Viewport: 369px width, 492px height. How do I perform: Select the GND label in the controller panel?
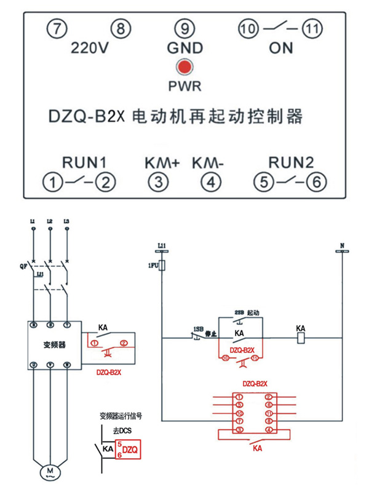184,48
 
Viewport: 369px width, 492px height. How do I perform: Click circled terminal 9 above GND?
184,28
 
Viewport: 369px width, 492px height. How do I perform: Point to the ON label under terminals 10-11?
281,48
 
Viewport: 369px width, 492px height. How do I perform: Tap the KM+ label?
162,163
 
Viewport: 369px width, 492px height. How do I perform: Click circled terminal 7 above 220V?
57,28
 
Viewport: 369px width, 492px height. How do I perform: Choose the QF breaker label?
23,266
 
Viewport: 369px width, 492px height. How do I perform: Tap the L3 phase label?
66,221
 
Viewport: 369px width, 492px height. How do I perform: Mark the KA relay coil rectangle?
301,338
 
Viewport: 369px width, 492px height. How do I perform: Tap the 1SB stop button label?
198,330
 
